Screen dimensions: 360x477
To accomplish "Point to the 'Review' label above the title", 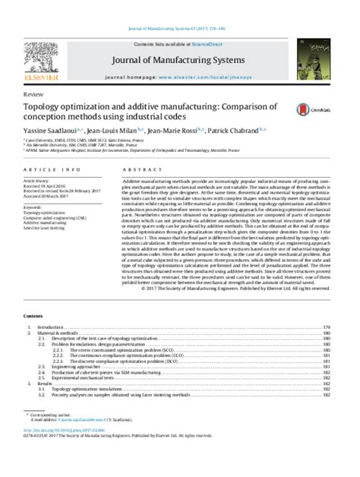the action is coord(33,93).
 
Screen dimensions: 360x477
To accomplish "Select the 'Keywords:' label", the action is coord(36,206).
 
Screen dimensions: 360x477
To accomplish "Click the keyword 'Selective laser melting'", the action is coord(50,227).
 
